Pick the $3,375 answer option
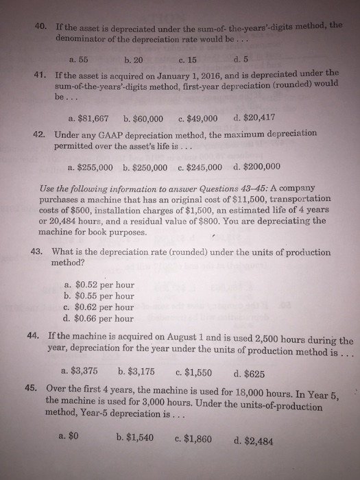pos(85,373)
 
